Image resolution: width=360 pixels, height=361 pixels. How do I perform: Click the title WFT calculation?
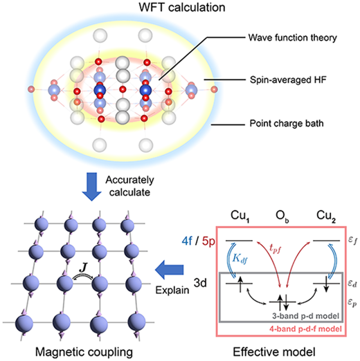[182, 8]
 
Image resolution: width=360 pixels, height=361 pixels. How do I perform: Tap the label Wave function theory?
[293, 37]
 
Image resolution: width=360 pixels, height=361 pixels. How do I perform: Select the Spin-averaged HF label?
[288, 80]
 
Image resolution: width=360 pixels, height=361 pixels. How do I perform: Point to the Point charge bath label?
[287, 124]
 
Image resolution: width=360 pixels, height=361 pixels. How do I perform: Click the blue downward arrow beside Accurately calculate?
[91, 187]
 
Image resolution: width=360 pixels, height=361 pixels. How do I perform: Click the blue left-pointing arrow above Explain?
[170, 270]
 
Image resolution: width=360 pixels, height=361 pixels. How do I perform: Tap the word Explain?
[172, 290]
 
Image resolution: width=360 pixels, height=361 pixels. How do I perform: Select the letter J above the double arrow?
[83, 268]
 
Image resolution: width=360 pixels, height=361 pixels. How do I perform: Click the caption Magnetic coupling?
[84, 352]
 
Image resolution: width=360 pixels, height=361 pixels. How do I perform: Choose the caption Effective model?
[274, 352]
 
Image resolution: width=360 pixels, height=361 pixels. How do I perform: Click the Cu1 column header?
[240, 216]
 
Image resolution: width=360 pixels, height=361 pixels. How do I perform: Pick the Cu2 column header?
[326, 216]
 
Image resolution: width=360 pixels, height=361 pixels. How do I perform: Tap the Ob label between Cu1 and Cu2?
[282, 216]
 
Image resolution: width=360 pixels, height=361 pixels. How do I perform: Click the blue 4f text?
[187, 241]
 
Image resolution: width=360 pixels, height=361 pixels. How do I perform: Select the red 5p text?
[208, 241]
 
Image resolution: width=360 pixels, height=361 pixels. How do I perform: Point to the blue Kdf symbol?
[240, 259]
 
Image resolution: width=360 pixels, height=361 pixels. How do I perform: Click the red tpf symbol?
[276, 248]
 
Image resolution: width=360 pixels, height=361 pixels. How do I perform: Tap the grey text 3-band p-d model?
[306, 315]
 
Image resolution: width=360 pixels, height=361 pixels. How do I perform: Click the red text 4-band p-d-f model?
[305, 328]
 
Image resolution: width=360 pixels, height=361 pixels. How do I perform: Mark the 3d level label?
[200, 283]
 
